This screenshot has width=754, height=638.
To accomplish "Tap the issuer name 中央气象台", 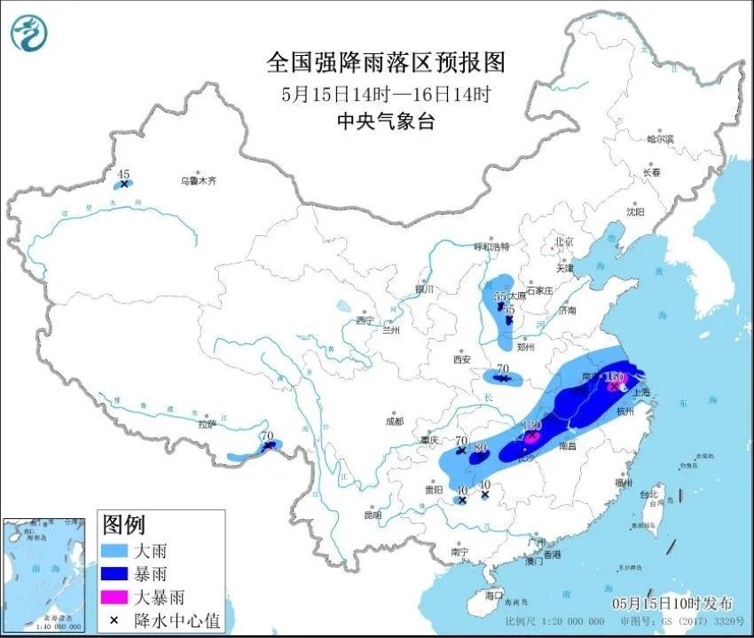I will (x=385, y=122).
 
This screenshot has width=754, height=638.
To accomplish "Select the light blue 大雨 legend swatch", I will (x=117, y=551).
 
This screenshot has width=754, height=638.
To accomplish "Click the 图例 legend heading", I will (x=124, y=525).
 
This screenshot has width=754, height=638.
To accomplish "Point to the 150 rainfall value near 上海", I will (x=614, y=378).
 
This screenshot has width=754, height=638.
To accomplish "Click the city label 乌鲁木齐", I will (x=199, y=181).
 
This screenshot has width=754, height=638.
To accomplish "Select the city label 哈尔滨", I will (x=660, y=139).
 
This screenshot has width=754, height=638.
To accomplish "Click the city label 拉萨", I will (x=207, y=424).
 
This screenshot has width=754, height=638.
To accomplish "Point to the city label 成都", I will (x=394, y=421).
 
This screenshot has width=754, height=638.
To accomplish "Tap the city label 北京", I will (x=564, y=241).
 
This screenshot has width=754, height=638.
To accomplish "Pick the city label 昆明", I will (x=373, y=515).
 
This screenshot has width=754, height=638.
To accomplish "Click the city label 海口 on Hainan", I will (x=494, y=595).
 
